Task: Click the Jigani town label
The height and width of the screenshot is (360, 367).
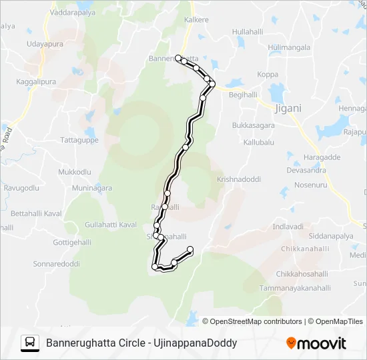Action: [x=288, y=108]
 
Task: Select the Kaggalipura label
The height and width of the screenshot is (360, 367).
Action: [x=35, y=82]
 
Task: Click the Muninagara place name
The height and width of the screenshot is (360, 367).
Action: [x=91, y=188]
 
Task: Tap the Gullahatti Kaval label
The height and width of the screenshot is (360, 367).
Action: [x=111, y=225]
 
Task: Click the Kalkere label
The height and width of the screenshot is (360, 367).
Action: [x=196, y=20]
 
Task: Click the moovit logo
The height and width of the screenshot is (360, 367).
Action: [x=316, y=343]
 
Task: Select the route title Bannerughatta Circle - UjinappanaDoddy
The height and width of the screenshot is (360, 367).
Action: [x=141, y=343]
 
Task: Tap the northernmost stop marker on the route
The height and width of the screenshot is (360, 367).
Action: [x=178, y=58]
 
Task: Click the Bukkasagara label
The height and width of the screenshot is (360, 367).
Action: [x=254, y=125]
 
